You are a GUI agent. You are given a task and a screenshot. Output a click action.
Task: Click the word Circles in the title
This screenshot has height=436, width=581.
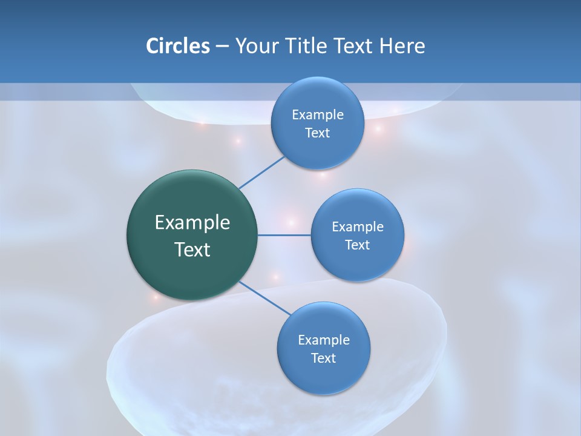178,46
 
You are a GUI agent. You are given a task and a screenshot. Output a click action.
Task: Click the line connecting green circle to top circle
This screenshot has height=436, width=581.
261,173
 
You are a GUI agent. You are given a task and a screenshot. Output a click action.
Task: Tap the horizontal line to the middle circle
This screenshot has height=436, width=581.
284,235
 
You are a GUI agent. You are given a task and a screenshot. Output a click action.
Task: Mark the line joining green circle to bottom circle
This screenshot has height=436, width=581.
265,298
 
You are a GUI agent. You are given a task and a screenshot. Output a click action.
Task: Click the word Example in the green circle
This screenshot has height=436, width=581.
192,223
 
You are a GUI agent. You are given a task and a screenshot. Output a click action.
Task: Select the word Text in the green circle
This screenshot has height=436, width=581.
192,249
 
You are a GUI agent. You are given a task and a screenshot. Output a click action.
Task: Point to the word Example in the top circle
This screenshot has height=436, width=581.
318,115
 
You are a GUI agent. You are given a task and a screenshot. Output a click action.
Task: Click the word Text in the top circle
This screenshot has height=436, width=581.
317,133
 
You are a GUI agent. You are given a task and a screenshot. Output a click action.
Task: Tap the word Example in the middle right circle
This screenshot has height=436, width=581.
358,227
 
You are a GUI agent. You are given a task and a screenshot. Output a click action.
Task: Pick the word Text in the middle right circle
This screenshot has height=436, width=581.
357,245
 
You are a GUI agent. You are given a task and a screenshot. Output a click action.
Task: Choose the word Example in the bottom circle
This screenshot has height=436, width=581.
324,340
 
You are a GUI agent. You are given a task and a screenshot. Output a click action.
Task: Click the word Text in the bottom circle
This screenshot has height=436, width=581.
323,358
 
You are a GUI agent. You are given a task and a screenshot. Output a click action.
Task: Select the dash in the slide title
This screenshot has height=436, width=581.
222,47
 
